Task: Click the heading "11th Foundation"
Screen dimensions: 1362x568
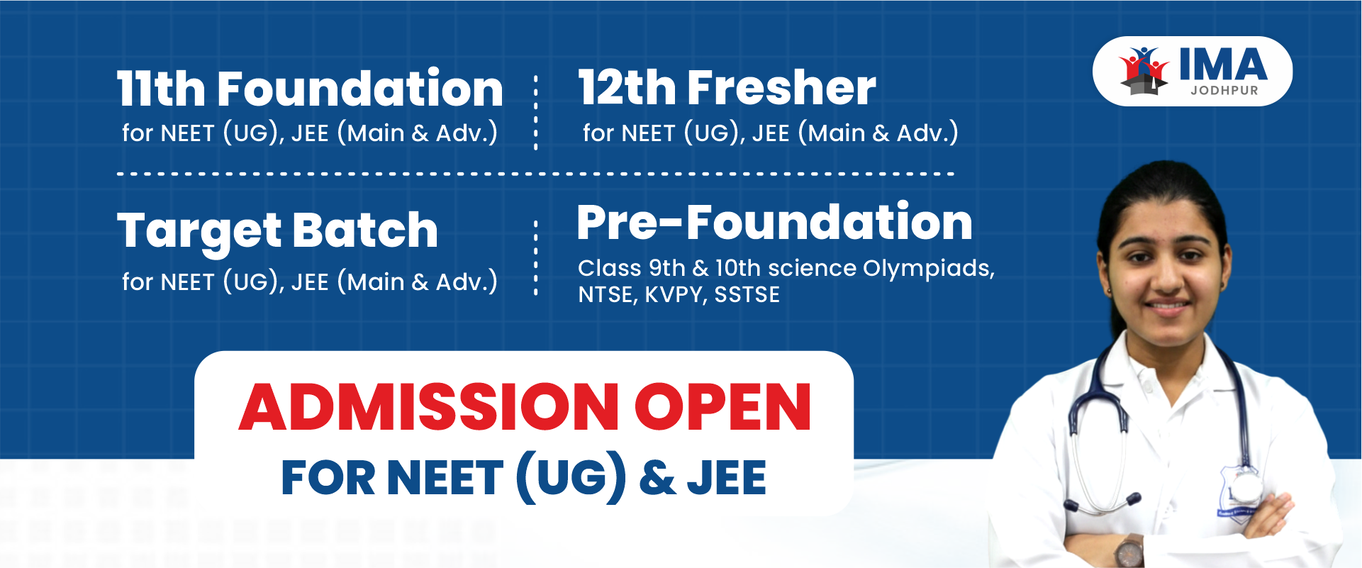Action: coord(310,89)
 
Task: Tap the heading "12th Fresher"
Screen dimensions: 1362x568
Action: coord(727,88)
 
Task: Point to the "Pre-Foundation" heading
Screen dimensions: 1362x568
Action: coord(775,222)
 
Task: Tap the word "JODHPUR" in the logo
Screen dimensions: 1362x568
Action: coord(1224,91)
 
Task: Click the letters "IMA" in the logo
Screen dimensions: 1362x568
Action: coord(1223,65)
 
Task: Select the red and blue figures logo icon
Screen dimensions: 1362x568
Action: coord(1144,70)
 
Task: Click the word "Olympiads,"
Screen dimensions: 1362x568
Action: coord(929,269)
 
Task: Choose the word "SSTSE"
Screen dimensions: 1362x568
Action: coord(747,294)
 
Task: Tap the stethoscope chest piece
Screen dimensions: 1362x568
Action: coord(1244,487)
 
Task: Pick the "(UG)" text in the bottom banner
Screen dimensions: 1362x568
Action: coord(571,478)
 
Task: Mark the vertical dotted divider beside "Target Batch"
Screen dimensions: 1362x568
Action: coord(535,257)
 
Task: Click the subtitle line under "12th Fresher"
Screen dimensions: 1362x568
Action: coord(771,133)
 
